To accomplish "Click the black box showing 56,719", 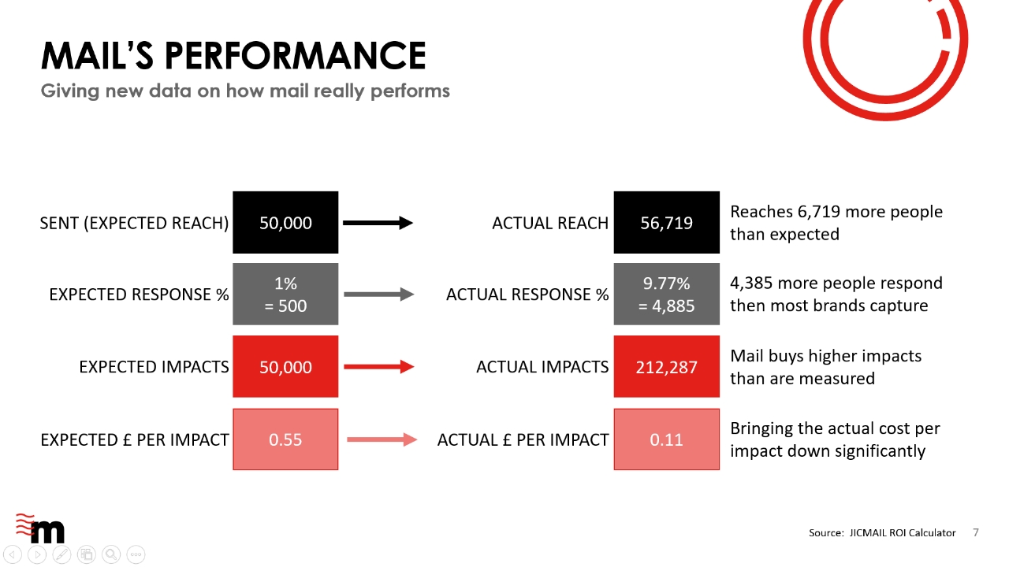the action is [x=666, y=222].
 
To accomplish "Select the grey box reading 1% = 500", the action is [x=285, y=295].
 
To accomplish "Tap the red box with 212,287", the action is [x=666, y=366].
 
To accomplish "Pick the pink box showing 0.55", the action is [x=285, y=439].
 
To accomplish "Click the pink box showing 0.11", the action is [x=666, y=439].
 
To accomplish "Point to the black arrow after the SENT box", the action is [x=378, y=223].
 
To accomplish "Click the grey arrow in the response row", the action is [x=379, y=295].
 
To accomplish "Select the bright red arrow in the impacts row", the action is [x=379, y=367].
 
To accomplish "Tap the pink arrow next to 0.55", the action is [x=382, y=439].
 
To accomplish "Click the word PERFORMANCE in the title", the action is [x=296, y=56].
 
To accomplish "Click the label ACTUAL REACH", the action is [x=550, y=223].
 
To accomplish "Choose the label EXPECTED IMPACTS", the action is [x=154, y=367].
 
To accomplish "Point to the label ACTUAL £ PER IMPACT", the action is [x=523, y=440].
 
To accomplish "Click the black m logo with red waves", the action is [x=40, y=528].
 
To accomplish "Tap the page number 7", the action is [x=976, y=533].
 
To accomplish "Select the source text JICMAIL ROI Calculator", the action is [x=903, y=533].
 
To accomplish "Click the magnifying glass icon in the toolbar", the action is [x=111, y=554].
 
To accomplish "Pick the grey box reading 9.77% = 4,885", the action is [x=666, y=295].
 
